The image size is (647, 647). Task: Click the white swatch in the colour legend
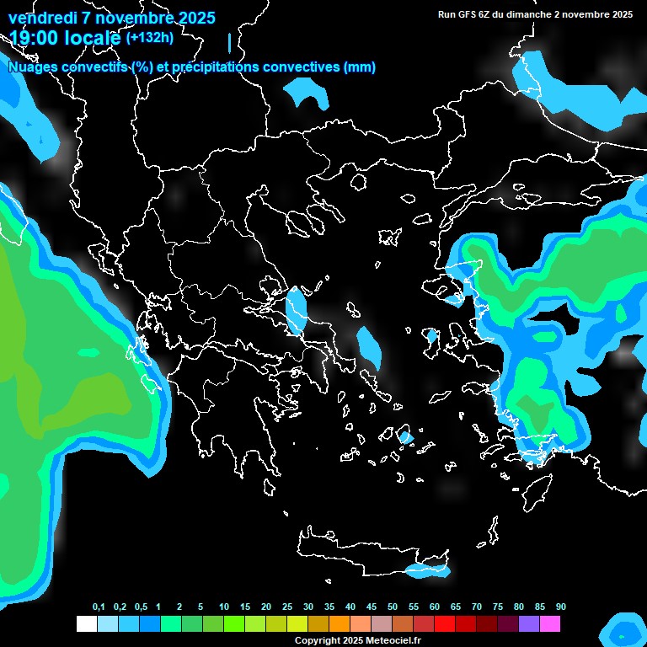click(x=86, y=623)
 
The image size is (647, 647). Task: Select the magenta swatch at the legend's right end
click(x=550, y=623)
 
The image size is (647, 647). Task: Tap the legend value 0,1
click(x=99, y=607)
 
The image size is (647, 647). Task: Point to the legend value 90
click(x=560, y=607)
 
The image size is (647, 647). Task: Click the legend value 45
click(x=372, y=607)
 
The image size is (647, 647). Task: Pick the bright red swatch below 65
click(x=445, y=623)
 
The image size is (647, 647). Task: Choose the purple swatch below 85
click(x=529, y=623)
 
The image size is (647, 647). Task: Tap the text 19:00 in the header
click(x=36, y=37)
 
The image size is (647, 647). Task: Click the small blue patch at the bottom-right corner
click(x=624, y=631)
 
